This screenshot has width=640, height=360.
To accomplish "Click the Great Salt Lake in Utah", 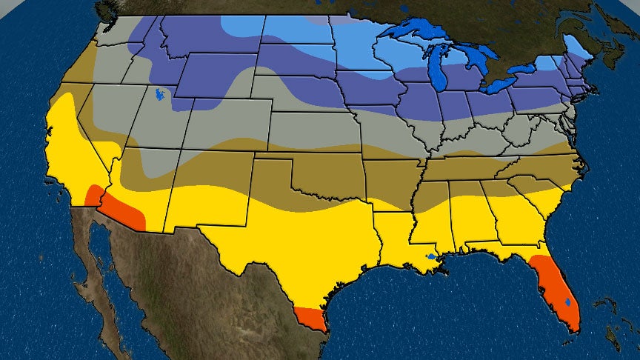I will coord(159,95).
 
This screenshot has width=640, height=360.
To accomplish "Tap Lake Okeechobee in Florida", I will coord(567,302).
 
